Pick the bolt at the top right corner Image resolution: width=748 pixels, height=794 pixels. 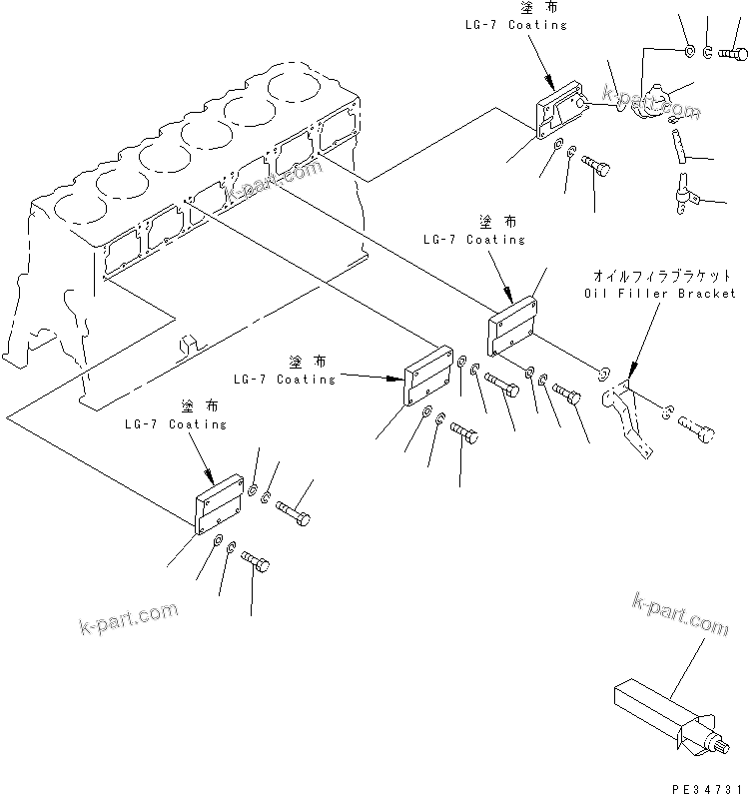pos(734,52)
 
